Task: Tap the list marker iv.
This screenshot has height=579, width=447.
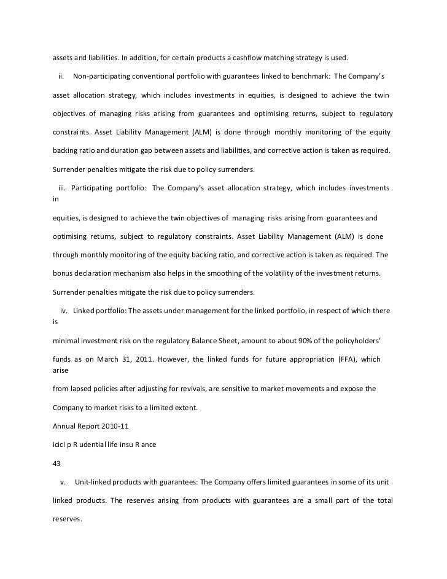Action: (63, 311)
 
